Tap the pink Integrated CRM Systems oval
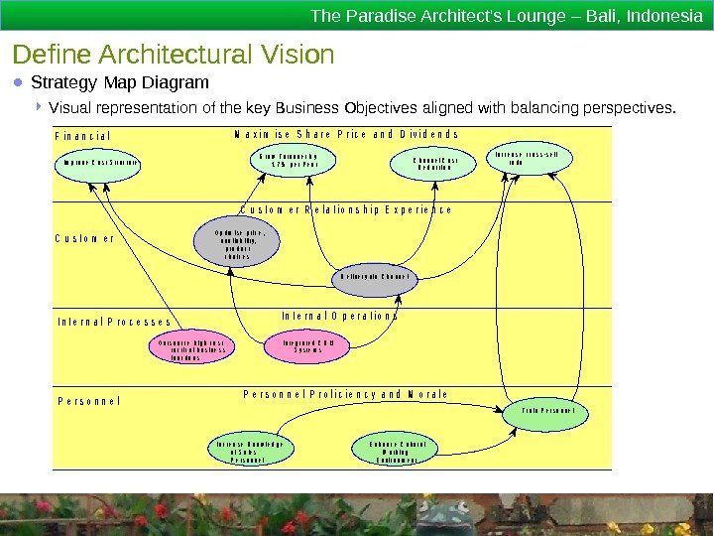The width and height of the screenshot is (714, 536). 307,346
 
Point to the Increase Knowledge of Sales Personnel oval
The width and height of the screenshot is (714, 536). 248,452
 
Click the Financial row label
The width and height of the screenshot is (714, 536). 83,136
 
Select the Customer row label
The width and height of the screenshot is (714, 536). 84,238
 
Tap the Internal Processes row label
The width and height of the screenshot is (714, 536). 114,322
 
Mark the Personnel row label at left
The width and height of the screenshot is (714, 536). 88,401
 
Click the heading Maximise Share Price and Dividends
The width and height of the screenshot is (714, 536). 346,134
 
